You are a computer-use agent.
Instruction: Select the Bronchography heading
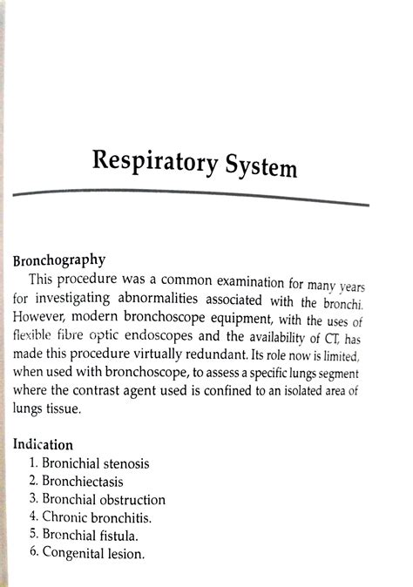tap(59, 259)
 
